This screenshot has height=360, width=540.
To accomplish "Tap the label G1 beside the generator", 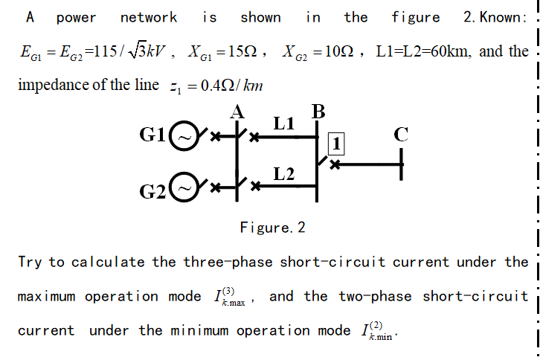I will (x=155, y=135).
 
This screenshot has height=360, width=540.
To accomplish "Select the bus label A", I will (x=237, y=112).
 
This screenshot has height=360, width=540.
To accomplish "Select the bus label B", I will (x=318, y=112).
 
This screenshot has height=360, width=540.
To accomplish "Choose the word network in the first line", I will (x=149, y=17).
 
